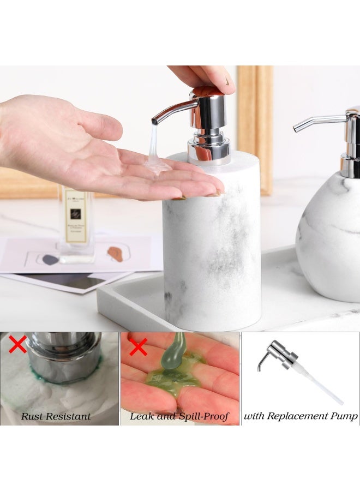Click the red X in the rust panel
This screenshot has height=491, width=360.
[18, 345]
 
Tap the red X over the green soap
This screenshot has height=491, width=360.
[138, 346]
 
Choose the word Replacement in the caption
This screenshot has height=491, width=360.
[298, 416]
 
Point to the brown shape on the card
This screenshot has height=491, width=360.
[115, 254]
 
